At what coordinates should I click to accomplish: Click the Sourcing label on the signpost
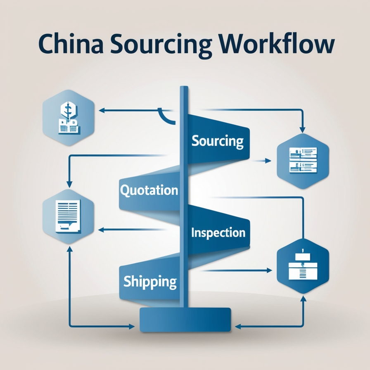[x=217, y=141]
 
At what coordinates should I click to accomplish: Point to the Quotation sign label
[x=149, y=190]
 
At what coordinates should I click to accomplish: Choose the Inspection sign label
[x=218, y=232]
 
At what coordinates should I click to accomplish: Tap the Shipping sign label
[x=150, y=282]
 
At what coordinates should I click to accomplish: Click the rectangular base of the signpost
[x=185, y=320]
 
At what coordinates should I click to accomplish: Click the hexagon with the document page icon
[x=68, y=216]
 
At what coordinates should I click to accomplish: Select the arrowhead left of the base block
[x=131, y=327]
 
